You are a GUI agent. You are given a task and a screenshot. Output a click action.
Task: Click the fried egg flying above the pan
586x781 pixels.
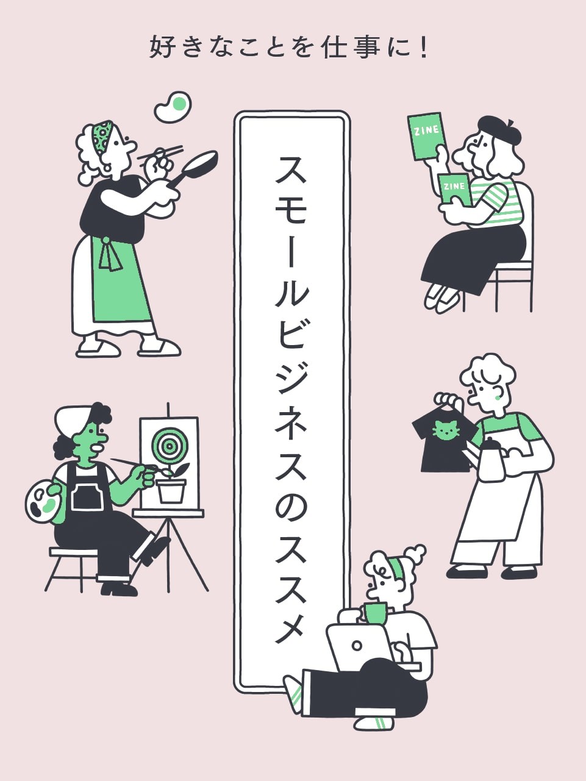(173, 106)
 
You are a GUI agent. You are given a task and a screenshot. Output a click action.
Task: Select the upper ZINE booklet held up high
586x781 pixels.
(427, 135)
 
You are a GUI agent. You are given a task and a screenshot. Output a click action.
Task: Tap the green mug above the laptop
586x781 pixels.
(376, 612)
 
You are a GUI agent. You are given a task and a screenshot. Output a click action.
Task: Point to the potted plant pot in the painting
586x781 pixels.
(171, 491)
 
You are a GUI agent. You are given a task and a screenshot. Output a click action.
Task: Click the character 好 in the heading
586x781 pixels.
(163, 48)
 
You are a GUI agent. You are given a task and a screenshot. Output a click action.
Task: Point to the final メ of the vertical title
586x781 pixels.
(291, 626)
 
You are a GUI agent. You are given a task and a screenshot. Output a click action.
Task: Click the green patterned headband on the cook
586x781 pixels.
(102, 137)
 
